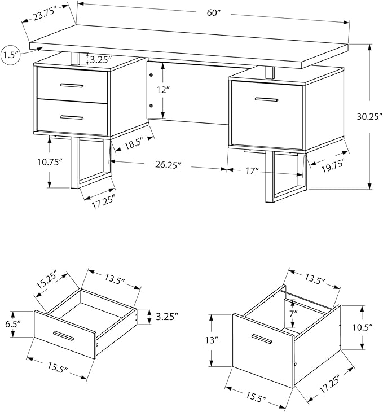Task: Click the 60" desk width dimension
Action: [x=213, y=12]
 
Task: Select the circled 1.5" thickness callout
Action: [x=11, y=55]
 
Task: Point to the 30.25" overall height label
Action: [x=369, y=116]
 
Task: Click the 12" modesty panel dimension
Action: [x=163, y=90]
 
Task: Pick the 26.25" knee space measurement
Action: [x=168, y=165]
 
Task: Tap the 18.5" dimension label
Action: [x=133, y=143]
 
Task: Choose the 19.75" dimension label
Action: [x=333, y=166]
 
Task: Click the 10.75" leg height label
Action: [x=50, y=162]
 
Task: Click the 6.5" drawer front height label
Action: [x=13, y=324]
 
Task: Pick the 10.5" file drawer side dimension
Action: [x=363, y=327]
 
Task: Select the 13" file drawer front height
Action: [x=212, y=340]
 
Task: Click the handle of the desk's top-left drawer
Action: [x=72, y=85]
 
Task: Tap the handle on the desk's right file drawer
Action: [x=266, y=99]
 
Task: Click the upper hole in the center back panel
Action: [x=151, y=75]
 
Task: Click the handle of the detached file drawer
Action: [x=262, y=339]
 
